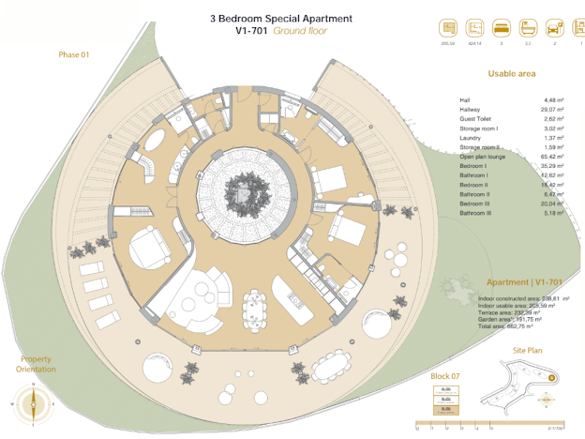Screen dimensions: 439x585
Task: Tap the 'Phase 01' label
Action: tap(73, 54)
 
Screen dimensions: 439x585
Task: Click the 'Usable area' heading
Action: tap(511, 74)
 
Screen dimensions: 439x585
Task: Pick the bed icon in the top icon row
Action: tap(501, 28)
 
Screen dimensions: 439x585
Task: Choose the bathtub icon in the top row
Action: tap(527, 28)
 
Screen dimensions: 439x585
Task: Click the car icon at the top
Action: tap(554, 28)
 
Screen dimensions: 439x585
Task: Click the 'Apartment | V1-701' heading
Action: tap(524, 282)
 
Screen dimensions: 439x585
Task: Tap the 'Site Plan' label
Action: tap(527, 349)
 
